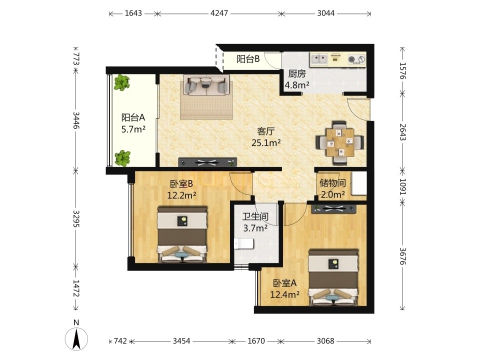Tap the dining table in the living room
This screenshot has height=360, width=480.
click(x=340, y=142)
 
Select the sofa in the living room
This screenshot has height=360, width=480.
click(x=206, y=85)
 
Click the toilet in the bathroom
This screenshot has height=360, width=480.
click(x=244, y=244)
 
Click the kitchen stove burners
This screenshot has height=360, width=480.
click(x=356, y=59)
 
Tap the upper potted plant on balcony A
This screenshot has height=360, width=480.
click(x=122, y=82)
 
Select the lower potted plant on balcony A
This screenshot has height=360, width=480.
click(x=122, y=158)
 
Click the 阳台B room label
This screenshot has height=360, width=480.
click(x=248, y=59)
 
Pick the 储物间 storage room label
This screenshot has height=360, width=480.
click(x=332, y=183)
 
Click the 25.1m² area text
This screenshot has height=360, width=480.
click(x=266, y=142)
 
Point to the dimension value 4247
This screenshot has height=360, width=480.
click(x=219, y=13)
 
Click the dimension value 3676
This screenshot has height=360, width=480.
click(x=403, y=256)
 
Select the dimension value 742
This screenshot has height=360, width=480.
click(x=120, y=340)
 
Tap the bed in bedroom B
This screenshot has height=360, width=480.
click(x=182, y=234)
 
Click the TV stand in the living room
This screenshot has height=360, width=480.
click(x=207, y=162)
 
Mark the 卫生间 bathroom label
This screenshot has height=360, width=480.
click(x=255, y=216)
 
